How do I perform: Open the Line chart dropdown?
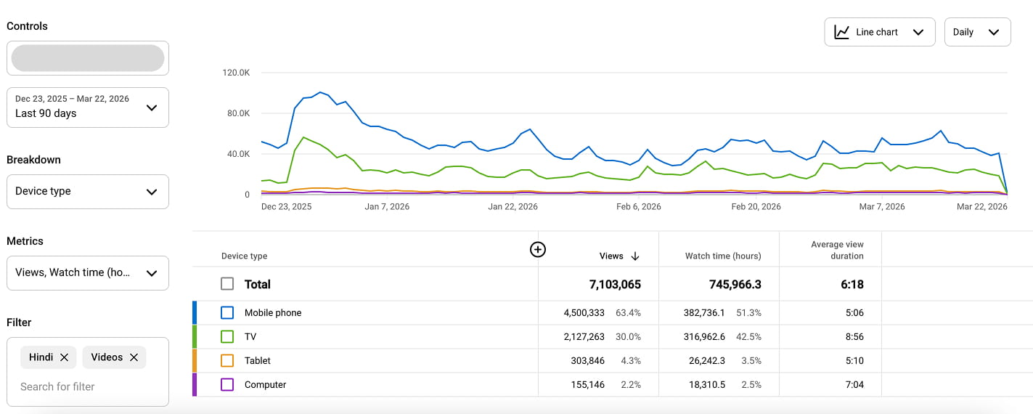[879, 32]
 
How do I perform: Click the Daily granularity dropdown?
[977, 32]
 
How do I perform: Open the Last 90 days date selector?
[87, 107]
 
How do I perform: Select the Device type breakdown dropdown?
[87, 192]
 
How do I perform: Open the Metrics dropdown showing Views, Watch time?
[87, 273]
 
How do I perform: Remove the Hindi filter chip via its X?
[64, 357]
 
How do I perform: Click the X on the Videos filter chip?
[134, 357]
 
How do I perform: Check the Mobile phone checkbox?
[227, 312]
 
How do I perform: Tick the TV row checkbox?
[227, 336]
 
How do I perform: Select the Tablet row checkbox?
[227, 360]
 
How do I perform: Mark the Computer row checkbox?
[227, 384]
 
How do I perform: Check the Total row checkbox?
[227, 284]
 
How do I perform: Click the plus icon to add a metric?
[537, 250]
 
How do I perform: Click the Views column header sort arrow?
[635, 256]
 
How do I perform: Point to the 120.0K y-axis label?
[236, 73]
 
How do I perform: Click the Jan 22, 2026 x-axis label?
[513, 207]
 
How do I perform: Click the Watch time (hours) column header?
[723, 256]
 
